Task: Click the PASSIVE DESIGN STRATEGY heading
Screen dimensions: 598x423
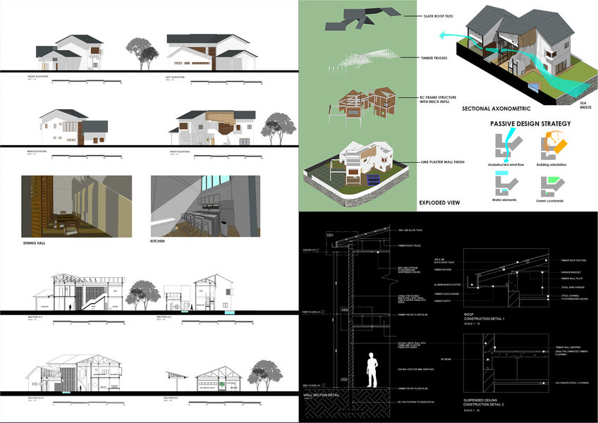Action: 530,124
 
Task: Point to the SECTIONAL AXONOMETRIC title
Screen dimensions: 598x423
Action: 496,110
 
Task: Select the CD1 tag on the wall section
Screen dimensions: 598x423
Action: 329,234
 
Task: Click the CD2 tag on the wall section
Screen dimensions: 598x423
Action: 345,309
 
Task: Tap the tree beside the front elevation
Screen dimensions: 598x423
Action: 141,52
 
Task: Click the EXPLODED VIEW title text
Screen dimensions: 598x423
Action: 439,203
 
